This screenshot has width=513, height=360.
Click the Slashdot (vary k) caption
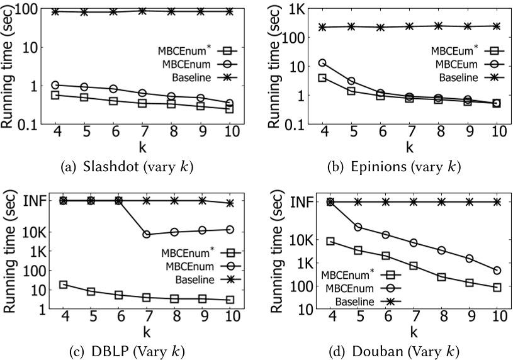tap(126, 167)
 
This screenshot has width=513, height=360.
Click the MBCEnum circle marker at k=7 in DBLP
tap(146, 234)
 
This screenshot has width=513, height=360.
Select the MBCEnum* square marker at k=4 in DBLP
tap(63, 284)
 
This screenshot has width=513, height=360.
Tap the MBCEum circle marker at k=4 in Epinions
tap(322, 63)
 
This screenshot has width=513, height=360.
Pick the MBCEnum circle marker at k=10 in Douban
tap(497, 271)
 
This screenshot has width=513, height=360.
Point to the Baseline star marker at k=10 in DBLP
tap(230, 203)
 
